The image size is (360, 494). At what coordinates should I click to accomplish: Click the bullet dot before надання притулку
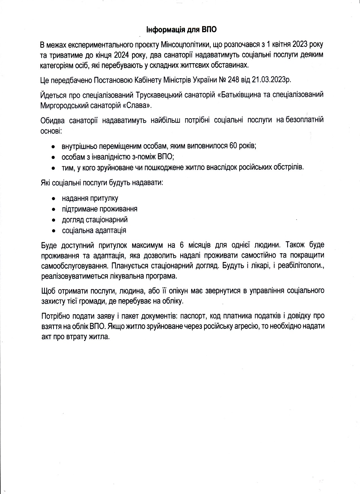click(53, 199)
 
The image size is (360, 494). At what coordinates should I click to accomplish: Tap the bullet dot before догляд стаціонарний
click(53, 220)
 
